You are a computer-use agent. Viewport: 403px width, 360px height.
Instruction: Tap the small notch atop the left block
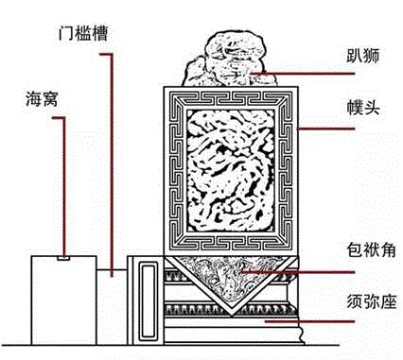(62, 255)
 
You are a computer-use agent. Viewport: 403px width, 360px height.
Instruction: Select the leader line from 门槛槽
(115, 161)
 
